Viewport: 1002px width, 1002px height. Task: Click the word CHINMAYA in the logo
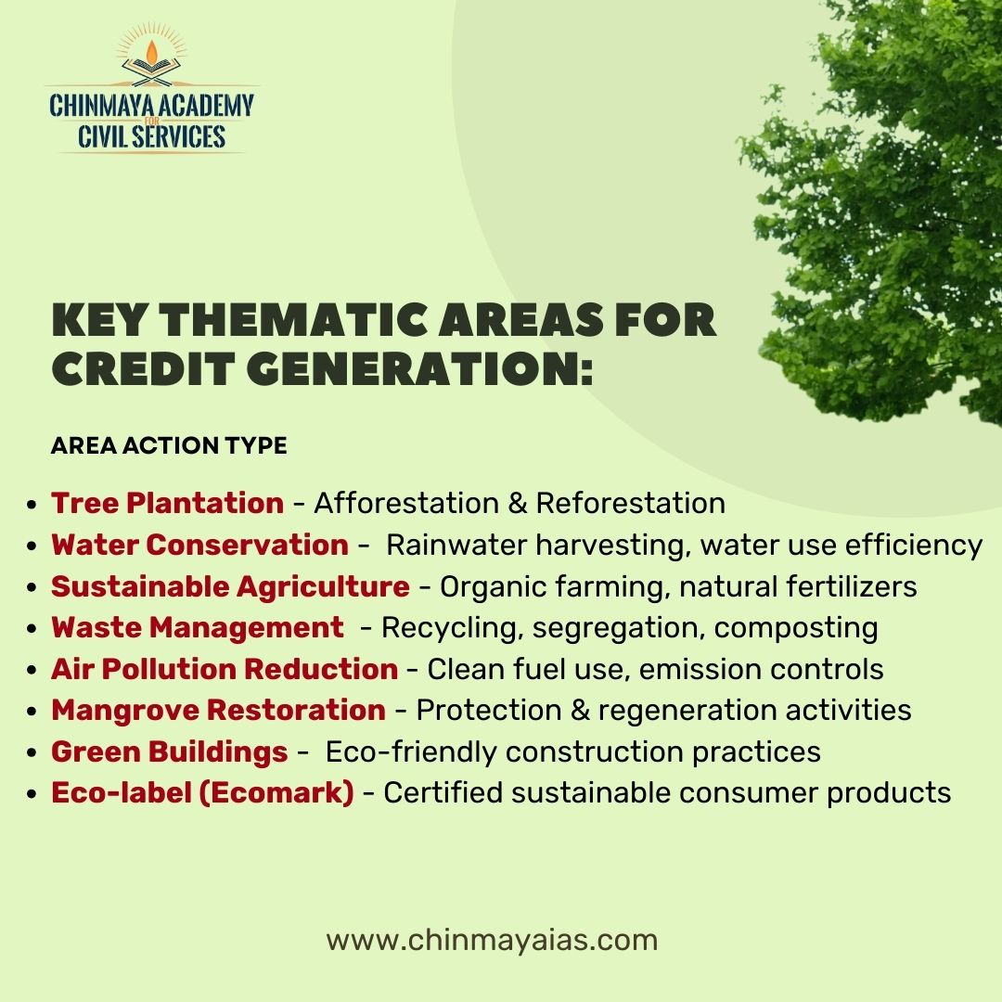coord(102,105)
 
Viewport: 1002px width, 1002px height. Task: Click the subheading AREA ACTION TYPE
coord(169,446)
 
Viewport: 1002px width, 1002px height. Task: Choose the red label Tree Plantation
coord(167,503)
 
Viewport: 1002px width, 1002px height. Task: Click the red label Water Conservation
coord(199,545)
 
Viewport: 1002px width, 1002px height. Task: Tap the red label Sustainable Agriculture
coord(230,586)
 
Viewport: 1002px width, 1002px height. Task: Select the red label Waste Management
coord(197,627)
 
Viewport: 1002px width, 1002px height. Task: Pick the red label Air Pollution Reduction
coord(225,669)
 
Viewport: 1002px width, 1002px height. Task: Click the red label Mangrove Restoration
coord(218,710)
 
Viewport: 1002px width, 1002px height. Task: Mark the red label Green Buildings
coord(169,751)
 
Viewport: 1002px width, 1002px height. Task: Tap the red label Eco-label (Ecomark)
coord(202,793)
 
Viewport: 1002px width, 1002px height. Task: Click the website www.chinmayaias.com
coord(492,940)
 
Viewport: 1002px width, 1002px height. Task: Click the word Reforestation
coord(630,503)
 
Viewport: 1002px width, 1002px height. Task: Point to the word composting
coord(796,627)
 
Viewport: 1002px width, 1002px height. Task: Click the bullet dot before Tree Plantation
coord(32,505)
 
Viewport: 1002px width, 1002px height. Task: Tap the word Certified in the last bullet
coord(442,793)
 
